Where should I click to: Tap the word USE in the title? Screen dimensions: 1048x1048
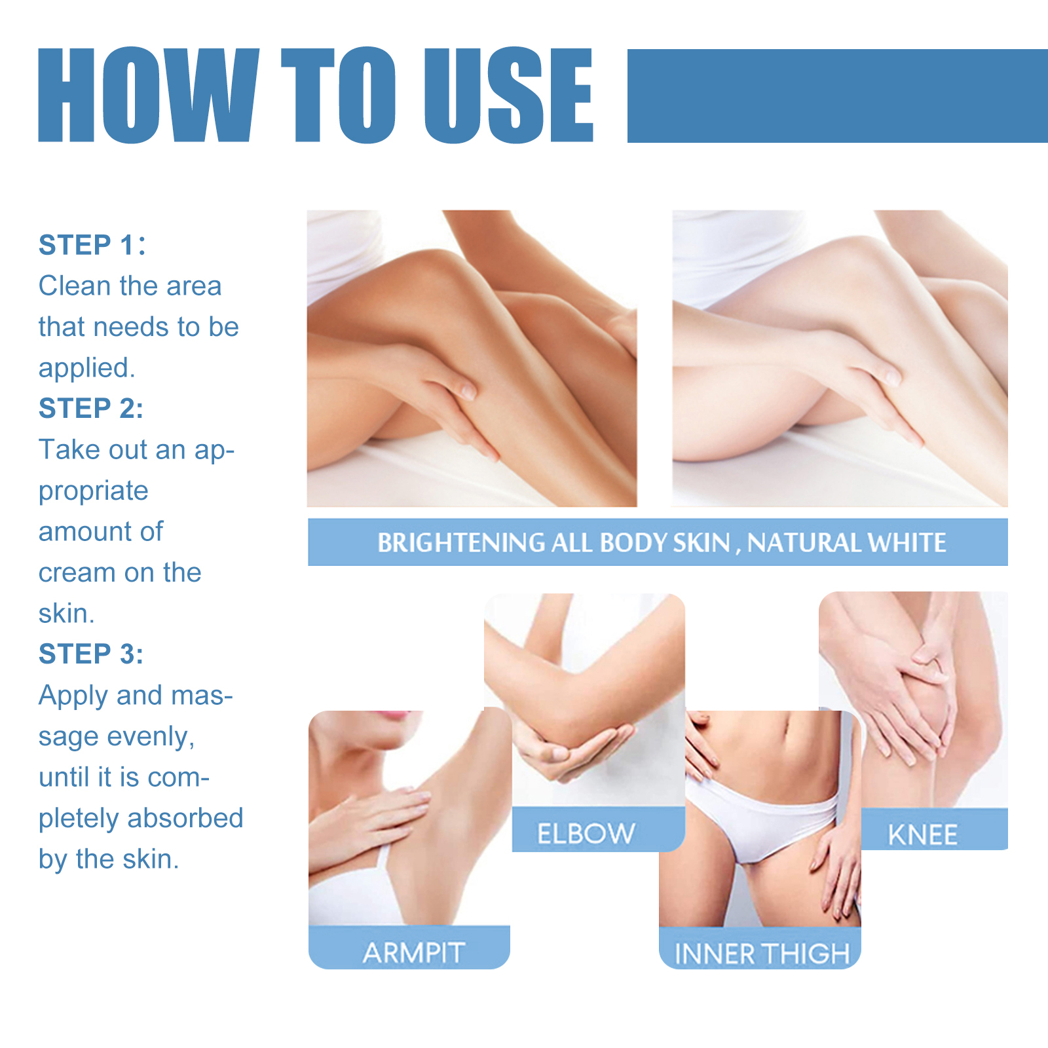(508, 96)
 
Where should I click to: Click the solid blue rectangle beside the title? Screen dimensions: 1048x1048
(837, 96)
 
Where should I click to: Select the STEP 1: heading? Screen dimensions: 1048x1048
(92, 246)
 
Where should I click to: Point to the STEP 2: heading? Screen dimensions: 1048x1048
(91, 409)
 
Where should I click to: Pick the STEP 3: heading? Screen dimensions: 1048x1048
(91, 654)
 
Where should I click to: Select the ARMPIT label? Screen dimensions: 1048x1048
(414, 953)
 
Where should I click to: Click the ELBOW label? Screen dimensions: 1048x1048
(586, 834)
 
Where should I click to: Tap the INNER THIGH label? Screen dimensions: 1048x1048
(761, 954)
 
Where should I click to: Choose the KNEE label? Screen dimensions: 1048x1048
(922, 835)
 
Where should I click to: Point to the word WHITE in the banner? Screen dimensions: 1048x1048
(907, 543)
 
